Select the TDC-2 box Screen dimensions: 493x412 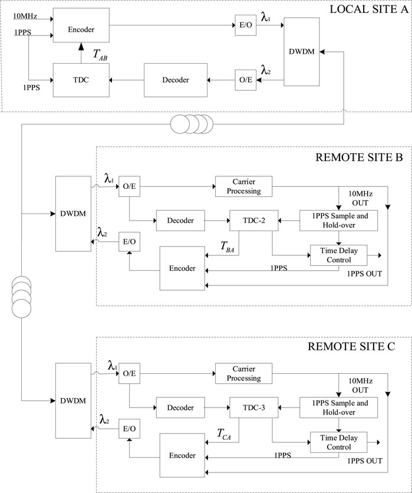tap(253, 221)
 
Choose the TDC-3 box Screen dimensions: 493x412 tap(253, 407)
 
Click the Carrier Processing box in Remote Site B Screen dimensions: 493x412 tap(243, 186)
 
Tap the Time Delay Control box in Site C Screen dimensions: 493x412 tap(338, 442)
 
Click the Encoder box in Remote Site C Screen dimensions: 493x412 tap(182, 455)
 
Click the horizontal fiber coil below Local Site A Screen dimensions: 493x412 tap(192, 125)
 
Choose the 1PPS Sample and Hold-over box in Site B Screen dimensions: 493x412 tap(338, 221)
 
